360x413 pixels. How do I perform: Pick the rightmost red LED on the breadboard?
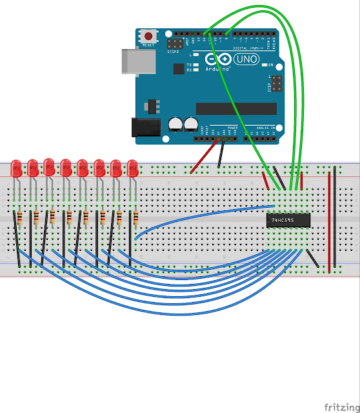pos(133,168)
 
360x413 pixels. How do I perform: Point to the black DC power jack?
pos(145,128)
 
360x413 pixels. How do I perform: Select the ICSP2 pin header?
pos(174,44)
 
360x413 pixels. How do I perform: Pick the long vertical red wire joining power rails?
pos(330,219)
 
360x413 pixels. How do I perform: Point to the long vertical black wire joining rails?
pos(336,219)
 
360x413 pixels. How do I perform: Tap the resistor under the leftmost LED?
pos(19,218)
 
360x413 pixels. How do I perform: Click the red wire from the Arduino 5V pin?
pos(205,156)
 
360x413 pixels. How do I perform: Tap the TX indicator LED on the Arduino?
pos(196,65)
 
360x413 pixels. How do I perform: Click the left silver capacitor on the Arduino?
pos(175,124)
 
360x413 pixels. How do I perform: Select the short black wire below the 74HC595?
pos(311,257)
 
